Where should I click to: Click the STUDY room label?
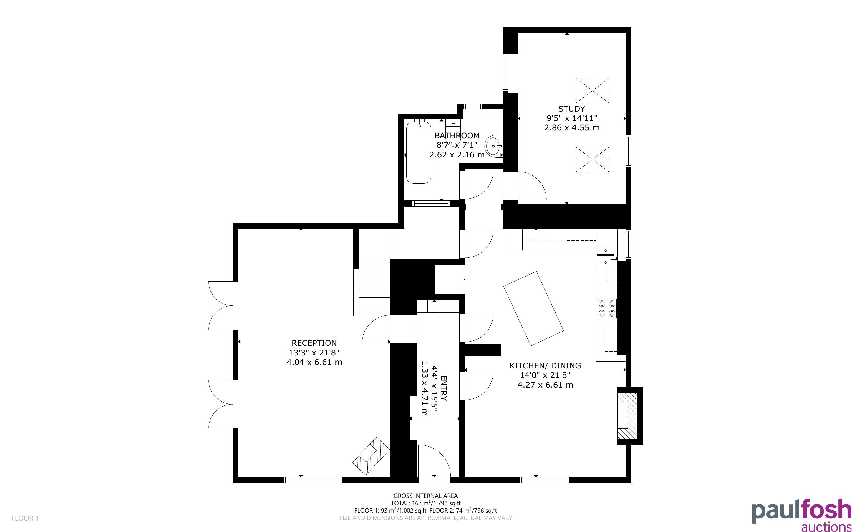click(x=571, y=109)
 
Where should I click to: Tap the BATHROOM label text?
click(x=457, y=135)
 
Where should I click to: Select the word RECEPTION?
click(x=314, y=343)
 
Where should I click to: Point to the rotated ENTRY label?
click(x=443, y=388)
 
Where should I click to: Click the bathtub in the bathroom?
click(x=419, y=152)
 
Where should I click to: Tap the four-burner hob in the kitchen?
click(x=607, y=308)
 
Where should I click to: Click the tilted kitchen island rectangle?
click(x=533, y=308)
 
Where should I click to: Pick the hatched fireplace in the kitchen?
click(x=627, y=415)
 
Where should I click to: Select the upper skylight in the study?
click(x=592, y=90)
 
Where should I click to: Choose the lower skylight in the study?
click(x=592, y=159)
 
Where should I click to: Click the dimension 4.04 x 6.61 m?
click(x=314, y=362)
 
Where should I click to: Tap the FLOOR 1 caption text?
click(x=25, y=518)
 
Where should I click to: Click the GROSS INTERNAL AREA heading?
click(x=425, y=496)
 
